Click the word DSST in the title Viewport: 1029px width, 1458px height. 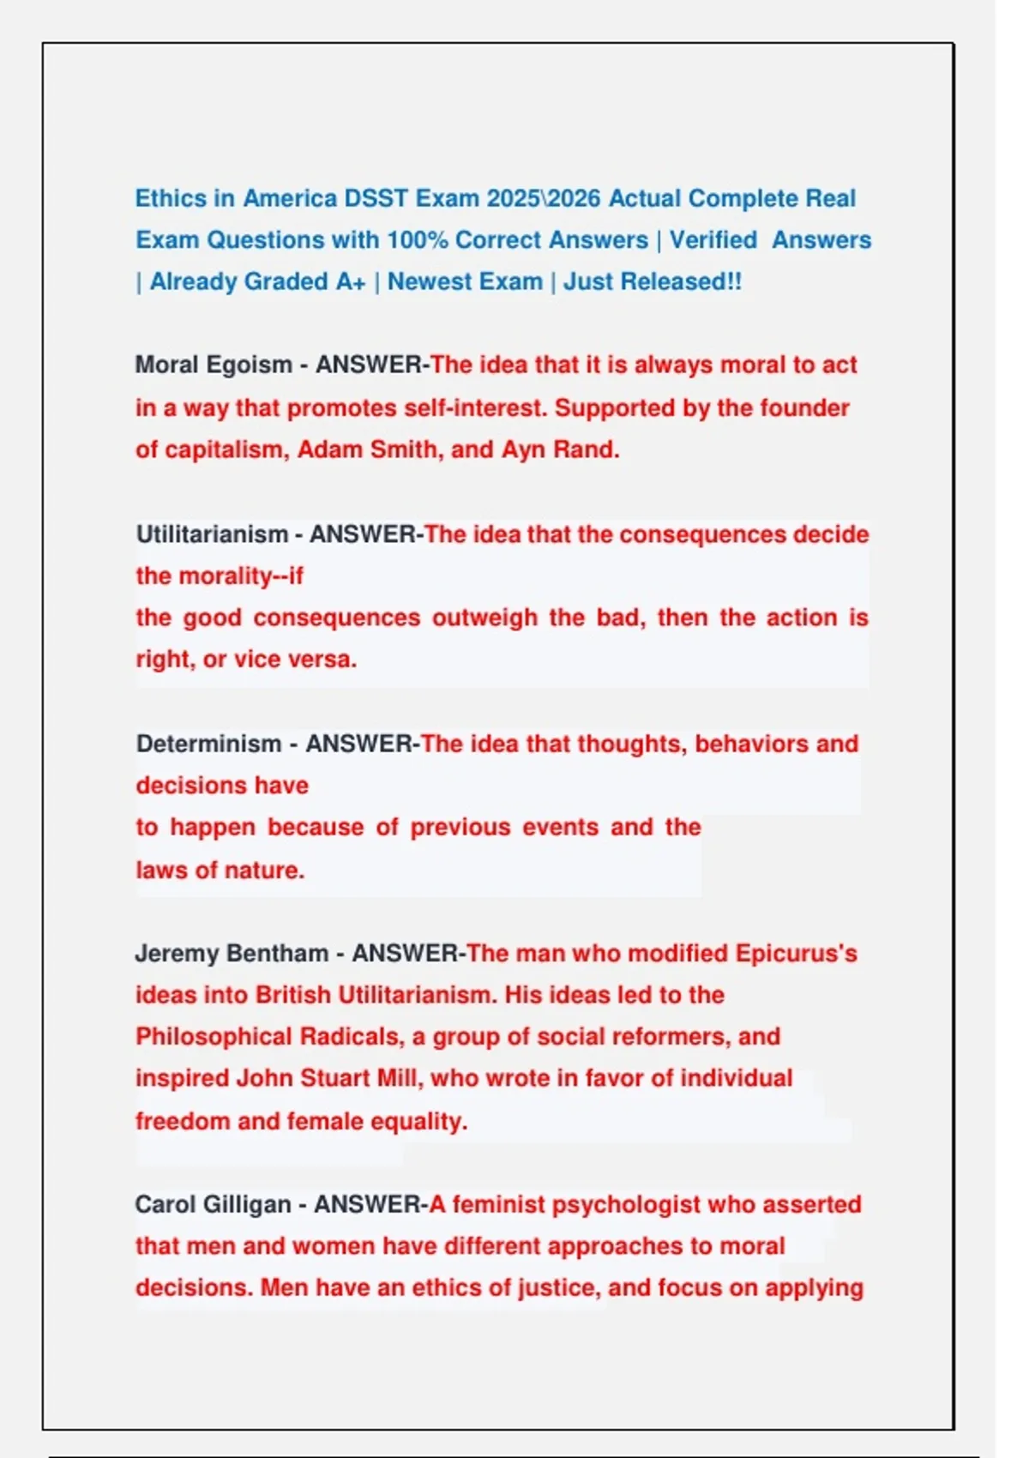[376, 198]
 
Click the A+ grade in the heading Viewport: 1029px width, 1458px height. [351, 282]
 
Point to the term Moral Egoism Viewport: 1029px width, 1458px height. [214, 365]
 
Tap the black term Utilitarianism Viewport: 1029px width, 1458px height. [212, 534]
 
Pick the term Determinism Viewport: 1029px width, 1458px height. [208, 744]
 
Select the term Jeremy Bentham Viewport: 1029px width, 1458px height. [232, 954]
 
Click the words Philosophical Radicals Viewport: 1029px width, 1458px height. [267, 1037]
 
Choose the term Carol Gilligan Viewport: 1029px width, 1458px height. [213, 1205]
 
